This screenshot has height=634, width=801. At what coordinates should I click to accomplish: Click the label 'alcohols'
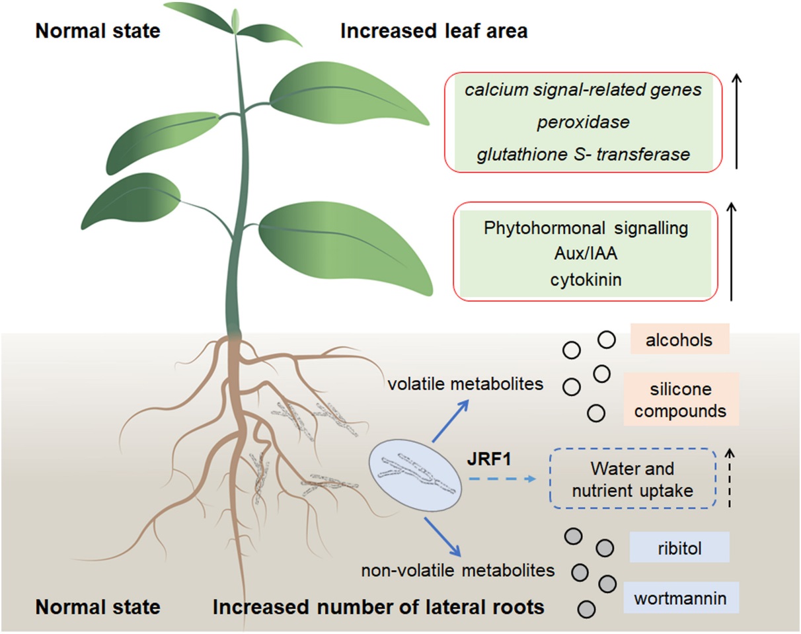pyautogui.click(x=679, y=340)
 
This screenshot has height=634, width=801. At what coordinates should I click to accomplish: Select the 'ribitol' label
pyautogui.click(x=679, y=547)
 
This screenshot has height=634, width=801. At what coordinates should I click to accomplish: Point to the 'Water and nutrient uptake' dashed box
pyautogui.click(x=632, y=479)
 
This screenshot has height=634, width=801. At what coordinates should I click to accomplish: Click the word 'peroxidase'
pyautogui.click(x=582, y=122)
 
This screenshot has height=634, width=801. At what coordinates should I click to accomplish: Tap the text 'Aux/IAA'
pyautogui.click(x=586, y=254)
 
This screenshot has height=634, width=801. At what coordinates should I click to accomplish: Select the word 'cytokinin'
pyautogui.click(x=586, y=279)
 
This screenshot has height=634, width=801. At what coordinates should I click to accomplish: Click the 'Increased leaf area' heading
pyautogui.click(x=434, y=31)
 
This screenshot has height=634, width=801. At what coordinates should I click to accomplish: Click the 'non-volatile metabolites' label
pyautogui.click(x=458, y=569)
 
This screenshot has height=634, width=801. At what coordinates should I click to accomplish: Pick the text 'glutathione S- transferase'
pyautogui.click(x=584, y=155)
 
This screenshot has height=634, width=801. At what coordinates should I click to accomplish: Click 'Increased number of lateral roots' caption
pyautogui.click(x=378, y=606)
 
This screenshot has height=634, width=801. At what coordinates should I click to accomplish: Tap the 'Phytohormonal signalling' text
pyautogui.click(x=586, y=229)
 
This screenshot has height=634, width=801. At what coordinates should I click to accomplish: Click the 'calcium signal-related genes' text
pyautogui.click(x=583, y=90)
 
